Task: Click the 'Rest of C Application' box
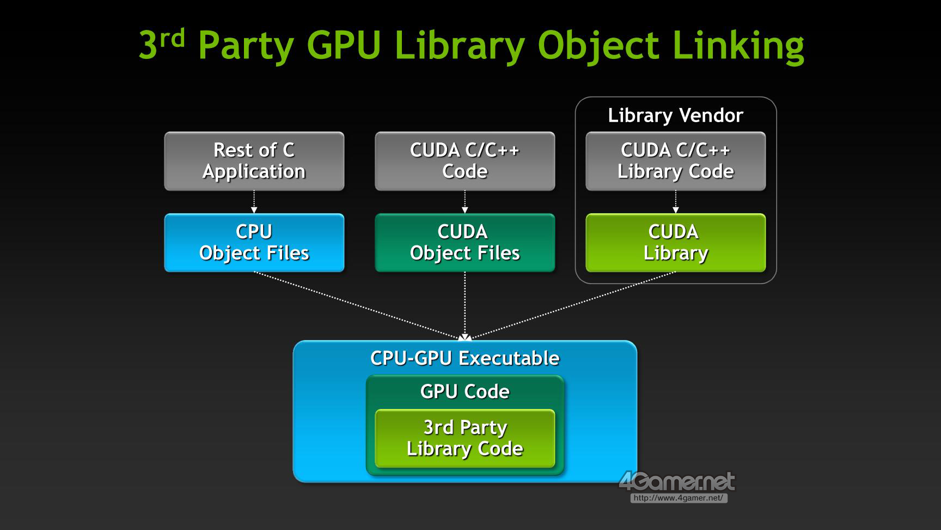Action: [254, 161]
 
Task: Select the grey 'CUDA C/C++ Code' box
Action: [465, 161]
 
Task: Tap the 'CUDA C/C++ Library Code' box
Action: [675, 161]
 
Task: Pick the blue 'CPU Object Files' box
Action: [254, 242]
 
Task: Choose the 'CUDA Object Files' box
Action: [465, 242]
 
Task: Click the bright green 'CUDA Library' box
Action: [675, 242]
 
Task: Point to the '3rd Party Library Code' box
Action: [465, 438]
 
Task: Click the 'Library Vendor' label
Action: [675, 116]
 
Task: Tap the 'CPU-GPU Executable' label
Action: [465, 358]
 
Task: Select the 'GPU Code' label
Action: [465, 392]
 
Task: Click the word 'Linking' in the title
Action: [738, 46]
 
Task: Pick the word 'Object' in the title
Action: [598, 46]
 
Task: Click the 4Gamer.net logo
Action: [677, 481]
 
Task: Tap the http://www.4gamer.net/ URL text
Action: [679, 498]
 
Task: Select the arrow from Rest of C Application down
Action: [254, 202]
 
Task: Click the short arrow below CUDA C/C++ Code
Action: [465, 202]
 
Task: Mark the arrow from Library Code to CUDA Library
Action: [675, 202]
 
